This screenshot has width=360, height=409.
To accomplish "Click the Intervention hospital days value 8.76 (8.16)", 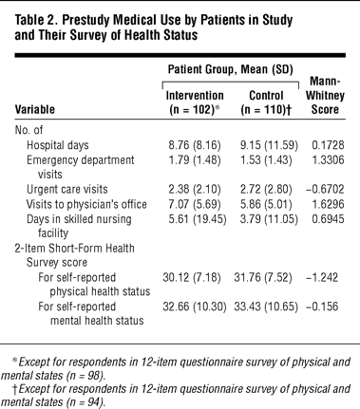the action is (x=195, y=145).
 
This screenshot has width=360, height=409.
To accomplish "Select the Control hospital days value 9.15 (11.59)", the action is (x=269, y=145).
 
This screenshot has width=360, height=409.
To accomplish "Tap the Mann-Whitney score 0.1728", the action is (x=328, y=145).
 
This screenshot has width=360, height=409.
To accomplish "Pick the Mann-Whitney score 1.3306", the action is (x=328, y=159).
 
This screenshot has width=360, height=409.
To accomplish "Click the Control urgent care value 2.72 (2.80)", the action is (x=266, y=189).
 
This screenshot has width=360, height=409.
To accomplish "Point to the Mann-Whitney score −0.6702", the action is (x=325, y=189).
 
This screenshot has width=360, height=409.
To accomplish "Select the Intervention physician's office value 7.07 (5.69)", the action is (x=195, y=204).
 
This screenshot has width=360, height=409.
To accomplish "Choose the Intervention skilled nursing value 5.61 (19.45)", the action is (x=198, y=219).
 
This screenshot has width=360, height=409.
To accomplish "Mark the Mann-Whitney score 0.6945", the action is (x=328, y=219).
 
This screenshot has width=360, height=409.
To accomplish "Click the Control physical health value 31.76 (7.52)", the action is (x=263, y=277).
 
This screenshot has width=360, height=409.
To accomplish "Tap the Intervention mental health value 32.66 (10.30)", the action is (x=195, y=307).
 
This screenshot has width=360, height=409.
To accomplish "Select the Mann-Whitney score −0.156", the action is (x=322, y=307).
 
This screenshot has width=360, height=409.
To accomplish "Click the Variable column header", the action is (x=35, y=109).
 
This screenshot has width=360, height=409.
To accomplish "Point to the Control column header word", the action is (x=266, y=95).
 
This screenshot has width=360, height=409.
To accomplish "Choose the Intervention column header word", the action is (x=195, y=95).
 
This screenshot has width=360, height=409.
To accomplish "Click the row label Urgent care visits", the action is (x=67, y=189).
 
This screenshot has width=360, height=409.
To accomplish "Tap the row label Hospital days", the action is (x=58, y=145).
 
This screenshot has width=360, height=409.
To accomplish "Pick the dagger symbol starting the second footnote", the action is (x=14, y=389).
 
